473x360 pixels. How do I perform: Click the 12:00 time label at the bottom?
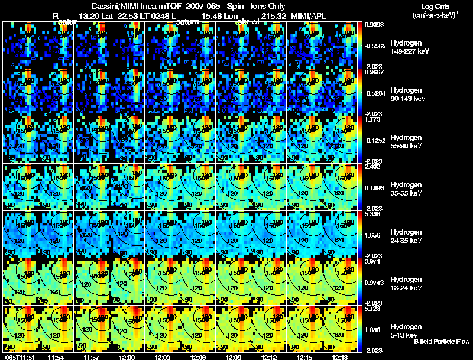point(127,357)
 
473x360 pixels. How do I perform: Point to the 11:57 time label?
point(92,357)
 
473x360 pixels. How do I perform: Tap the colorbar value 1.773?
point(374,119)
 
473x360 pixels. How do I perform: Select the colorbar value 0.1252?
point(375,140)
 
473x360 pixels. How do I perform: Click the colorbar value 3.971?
point(374,261)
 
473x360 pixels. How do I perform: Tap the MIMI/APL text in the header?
point(326,15)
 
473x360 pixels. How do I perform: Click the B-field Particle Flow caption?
point(442,342)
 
